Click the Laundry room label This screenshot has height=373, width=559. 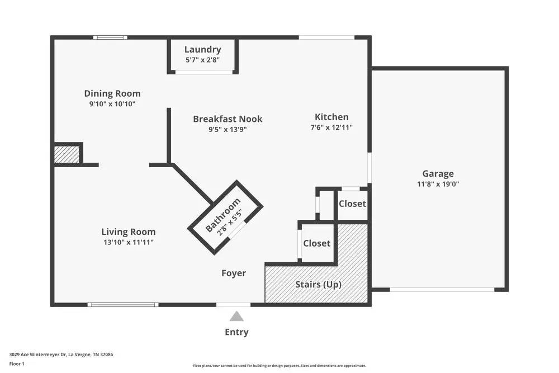(202, 50)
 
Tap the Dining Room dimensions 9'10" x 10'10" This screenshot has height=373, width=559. (112, 104)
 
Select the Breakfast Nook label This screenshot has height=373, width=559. (228, 119)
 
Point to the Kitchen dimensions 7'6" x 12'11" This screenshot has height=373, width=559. (331, 128)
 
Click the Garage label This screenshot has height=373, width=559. (438, 173)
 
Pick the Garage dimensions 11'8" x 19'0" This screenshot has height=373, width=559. (438, 184)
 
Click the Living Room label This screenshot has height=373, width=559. (128, 232)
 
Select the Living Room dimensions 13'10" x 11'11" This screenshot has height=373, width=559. (128, 242)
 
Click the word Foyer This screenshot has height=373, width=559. (234, 273)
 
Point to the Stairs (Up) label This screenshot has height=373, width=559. (318, 284)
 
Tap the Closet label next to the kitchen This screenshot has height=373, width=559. (352, 204)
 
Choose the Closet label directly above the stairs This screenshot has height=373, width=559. (316, 243)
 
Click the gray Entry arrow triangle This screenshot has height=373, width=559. (236, 317)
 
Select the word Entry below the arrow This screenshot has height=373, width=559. (236, 332)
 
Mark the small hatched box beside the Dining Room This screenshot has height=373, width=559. (67, 154)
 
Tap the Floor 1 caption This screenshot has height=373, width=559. (17, 363)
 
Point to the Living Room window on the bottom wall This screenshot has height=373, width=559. (122, 305)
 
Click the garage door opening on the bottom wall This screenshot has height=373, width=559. (442, 290)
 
